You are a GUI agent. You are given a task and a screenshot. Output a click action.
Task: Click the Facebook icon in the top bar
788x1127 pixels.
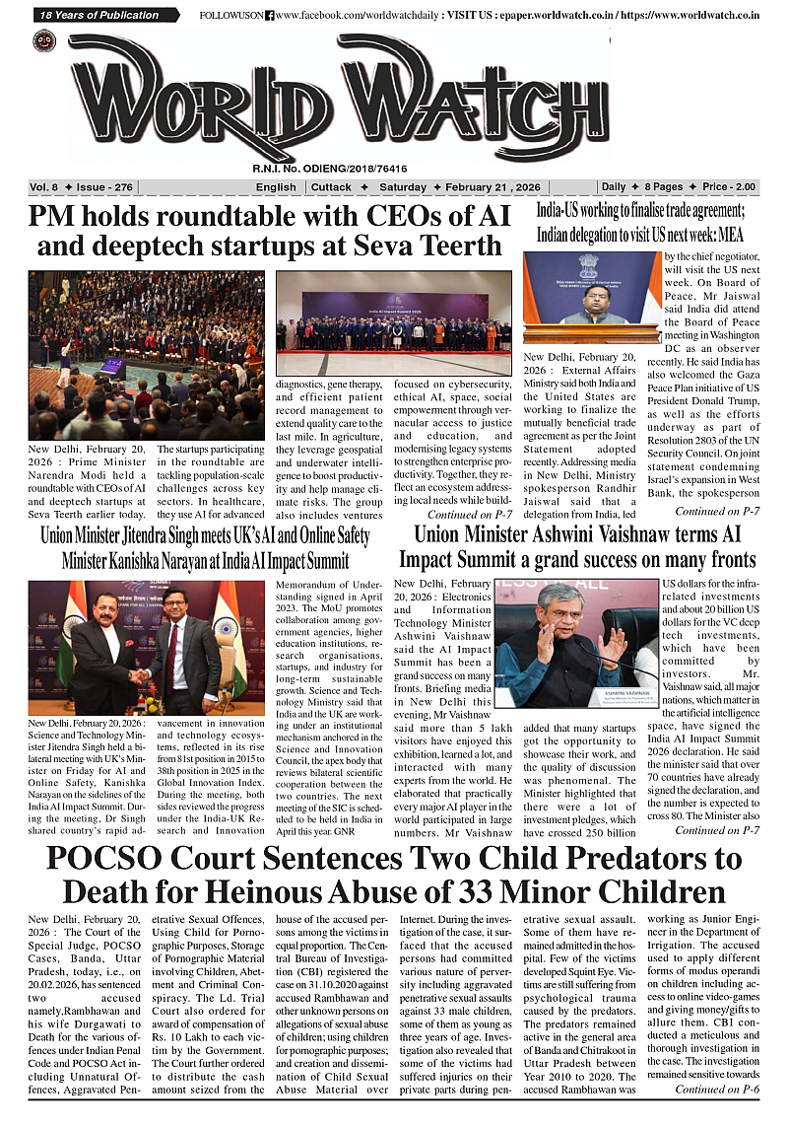[269, 16]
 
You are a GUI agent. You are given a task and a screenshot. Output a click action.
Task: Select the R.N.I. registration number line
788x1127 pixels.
[330, 170]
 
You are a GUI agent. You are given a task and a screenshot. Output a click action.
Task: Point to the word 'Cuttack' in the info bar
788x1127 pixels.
[332, 187]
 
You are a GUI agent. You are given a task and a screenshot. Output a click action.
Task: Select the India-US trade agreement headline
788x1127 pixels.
[640, 223]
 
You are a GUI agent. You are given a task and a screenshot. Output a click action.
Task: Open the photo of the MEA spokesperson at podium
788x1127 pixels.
[591, 298]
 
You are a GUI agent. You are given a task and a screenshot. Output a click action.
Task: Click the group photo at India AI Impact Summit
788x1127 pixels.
[394, 322]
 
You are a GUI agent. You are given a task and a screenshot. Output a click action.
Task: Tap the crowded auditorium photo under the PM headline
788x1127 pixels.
[146, 355]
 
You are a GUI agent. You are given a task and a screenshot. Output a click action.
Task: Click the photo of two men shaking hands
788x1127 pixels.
[138, 648]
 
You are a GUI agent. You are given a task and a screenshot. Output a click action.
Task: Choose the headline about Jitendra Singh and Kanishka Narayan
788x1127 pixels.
[205, 549]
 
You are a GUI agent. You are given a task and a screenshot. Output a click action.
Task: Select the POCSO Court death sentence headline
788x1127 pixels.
[394, 874]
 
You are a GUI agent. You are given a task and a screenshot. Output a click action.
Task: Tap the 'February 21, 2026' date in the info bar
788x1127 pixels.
[530, 187]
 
